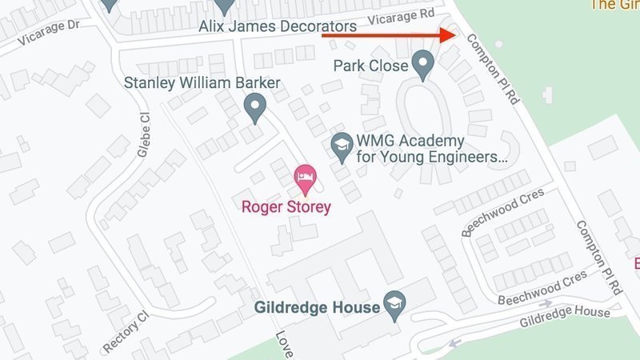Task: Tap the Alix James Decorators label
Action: (278, 26)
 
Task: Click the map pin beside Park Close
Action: (422, 62)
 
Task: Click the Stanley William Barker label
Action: (202, 83)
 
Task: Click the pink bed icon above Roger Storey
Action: (304, 178)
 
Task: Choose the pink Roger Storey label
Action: (286, 206)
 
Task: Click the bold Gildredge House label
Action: (316, 307)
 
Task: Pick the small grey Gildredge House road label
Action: (564, 318)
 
